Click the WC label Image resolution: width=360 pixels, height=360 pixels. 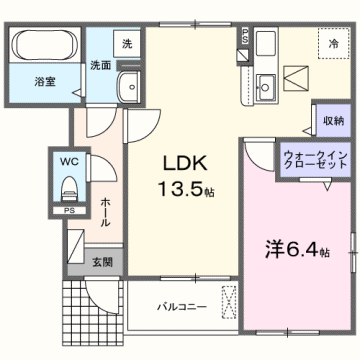tap(67, 159)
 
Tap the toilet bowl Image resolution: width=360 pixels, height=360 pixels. tap(68, 186)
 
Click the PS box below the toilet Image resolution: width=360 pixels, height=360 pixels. tap(68, 211)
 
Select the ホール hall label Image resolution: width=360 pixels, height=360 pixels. tap(106, 210)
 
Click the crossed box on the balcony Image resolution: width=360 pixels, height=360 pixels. tap(229, 299)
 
